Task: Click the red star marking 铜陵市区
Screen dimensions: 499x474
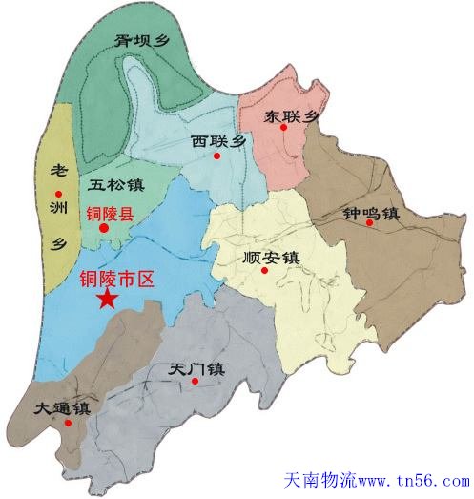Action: [107, 300]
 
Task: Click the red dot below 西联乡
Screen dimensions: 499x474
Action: [218, 156]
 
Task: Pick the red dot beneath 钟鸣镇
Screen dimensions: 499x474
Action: [368, 224]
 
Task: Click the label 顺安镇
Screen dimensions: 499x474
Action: [272, 257]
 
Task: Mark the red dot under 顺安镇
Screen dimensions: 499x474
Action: [265, 270]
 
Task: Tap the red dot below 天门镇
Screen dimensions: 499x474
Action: [195, 381]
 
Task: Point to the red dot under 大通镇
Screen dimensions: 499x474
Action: [68, 422]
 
